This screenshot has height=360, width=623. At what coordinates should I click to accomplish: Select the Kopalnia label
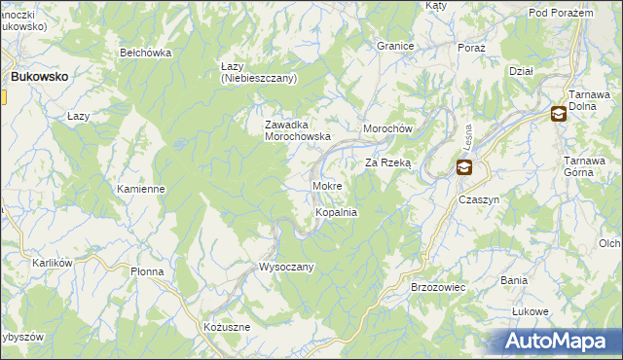click(x=336, y=212)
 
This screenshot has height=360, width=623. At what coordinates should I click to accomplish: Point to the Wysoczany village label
click(x=285, y=267)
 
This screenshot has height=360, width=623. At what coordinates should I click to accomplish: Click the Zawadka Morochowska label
click(x=299, y=130)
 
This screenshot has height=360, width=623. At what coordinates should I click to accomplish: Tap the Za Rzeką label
click(x=388, y=163)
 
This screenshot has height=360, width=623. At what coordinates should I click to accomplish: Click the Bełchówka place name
click(x=145, y=53)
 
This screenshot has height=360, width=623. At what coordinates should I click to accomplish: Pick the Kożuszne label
click(x=227, y=328)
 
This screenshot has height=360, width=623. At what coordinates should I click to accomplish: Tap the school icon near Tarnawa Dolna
click(x=558, y=114)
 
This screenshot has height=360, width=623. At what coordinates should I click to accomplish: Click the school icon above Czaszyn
click(x=464, y=168)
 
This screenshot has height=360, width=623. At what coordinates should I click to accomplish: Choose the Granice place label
click(x=396, y=46)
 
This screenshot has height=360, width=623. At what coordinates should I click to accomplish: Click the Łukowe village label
click(x=531, y=311)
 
